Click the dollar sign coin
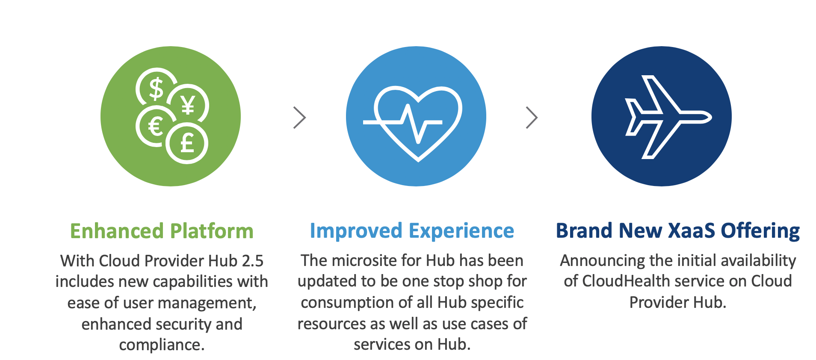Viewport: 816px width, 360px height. coord(156,88)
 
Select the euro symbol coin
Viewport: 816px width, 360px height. coord(155,127)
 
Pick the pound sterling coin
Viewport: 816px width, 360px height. coord(187,143)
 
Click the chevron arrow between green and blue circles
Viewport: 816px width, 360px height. coord(300,118)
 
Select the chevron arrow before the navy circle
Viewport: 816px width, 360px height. coord(532,118)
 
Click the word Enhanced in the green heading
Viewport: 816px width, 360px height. coord(117,231)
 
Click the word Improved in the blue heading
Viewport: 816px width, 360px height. coord(356,231)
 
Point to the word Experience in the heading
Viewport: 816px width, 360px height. coord(461,231)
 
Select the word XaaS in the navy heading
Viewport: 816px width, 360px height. coord(691,230)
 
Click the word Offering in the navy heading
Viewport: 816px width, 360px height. coord(760,231)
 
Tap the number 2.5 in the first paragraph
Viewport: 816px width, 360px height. coord(252,261)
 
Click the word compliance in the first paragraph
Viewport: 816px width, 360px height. coord(162,345)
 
